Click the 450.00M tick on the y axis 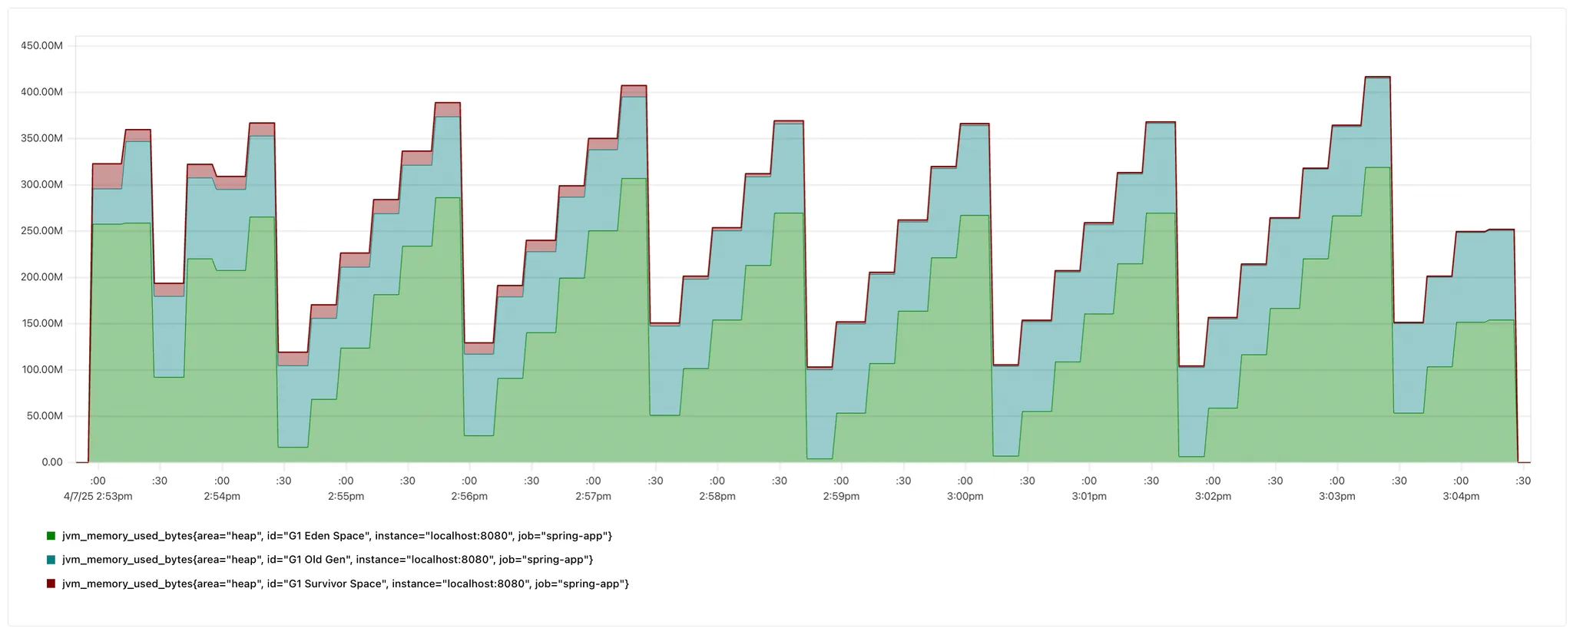[42, 45]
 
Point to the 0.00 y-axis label [52, 462]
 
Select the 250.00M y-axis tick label [42, 231]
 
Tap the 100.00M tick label [42, 370]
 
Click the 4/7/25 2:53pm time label [98, 496]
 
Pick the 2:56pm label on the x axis [469, 496]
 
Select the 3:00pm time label [965, 496]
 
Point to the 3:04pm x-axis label [1461, 496]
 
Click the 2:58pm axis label [717, 496]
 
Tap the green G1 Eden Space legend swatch [51, 536]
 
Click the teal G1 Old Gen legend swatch [51, 560]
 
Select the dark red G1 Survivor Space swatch [51, 583]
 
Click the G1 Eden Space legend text [337, 536]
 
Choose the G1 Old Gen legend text [327, 560]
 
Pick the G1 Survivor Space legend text [346, 583]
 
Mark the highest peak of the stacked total [1377, 77]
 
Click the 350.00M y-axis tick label [42, 138]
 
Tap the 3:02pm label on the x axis [1213, 496]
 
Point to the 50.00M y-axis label [45, 416]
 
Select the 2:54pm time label [222, 496]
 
